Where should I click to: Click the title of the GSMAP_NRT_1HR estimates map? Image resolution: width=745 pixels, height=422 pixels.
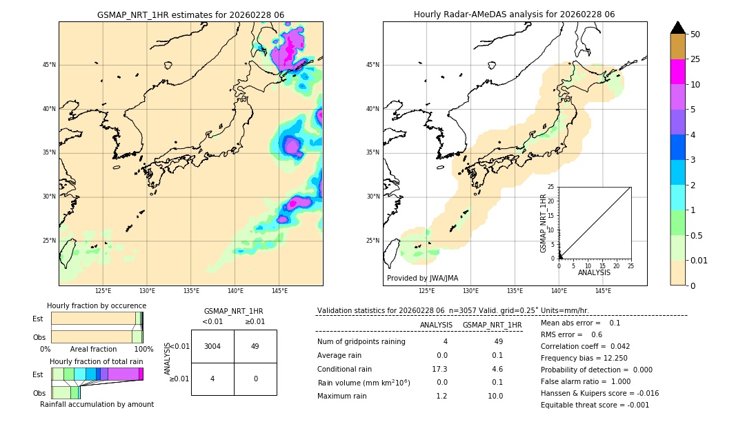pos(190,14)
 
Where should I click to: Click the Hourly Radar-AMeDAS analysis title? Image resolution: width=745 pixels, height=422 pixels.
pos(514,14)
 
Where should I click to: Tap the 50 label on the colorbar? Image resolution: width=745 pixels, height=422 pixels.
pos(695,34)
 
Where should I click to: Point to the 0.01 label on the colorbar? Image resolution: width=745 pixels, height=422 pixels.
pos(699,260)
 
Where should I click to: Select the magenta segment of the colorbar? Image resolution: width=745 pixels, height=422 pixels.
pos(678,72)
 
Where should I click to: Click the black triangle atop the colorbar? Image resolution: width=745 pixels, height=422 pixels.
pos(678,28)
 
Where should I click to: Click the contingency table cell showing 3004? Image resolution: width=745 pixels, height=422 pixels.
pos(212,346)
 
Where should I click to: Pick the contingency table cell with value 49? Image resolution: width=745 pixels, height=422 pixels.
pos(255,346)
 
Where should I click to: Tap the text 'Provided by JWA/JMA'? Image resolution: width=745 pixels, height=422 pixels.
pos(422,279)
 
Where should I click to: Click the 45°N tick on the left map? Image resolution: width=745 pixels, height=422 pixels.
pos(49,65)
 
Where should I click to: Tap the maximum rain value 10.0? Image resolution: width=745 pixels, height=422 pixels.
pos(495,396)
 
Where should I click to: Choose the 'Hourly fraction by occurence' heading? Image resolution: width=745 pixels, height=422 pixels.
pos(97,305)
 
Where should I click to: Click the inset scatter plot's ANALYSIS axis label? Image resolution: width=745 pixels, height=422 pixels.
pos(594,272)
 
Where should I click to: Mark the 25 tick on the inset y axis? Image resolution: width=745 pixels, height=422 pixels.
pos(551,187)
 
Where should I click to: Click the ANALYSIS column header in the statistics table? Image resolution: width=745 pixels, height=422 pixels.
pos(436,325)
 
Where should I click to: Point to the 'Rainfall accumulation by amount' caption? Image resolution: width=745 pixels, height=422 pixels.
pos(97,404)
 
